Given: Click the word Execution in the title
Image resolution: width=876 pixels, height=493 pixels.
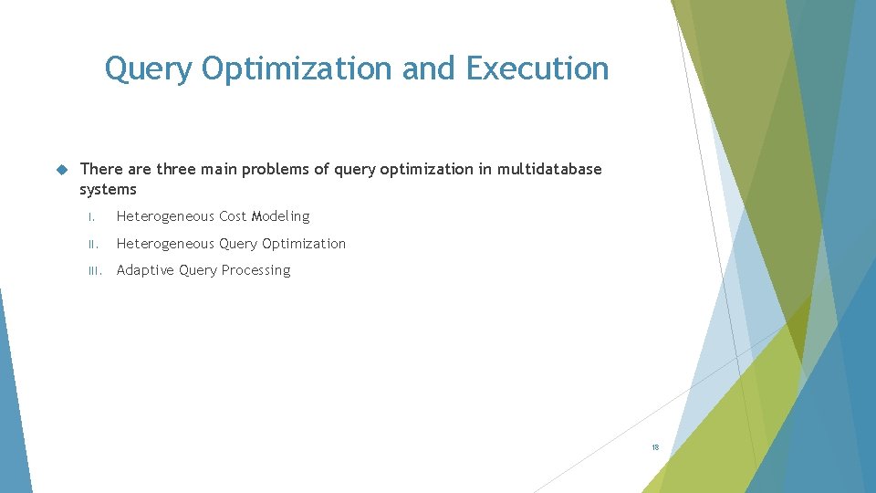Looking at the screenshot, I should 537,68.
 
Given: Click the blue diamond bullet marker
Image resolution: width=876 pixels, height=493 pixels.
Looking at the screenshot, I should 62,169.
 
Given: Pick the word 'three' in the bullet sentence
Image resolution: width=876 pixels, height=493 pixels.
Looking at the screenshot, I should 177,169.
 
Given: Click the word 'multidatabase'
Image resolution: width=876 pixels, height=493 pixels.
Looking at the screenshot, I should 549,169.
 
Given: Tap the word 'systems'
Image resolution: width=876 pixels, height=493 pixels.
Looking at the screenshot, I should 108,190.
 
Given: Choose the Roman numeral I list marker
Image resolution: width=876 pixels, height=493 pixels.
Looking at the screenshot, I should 92,217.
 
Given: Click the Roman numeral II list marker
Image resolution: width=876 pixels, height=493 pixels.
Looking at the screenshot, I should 91,245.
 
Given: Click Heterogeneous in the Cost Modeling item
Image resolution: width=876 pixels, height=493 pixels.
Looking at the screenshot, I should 165,217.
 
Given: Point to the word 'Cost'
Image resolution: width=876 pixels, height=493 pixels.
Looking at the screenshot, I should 233,217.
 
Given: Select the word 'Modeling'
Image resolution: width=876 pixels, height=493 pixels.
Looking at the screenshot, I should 281,217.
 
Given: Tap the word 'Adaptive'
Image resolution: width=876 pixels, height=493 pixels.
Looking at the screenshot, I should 145,271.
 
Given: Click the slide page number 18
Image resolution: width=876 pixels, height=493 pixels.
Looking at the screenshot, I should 655,447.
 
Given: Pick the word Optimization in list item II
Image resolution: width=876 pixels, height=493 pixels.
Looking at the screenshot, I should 304,245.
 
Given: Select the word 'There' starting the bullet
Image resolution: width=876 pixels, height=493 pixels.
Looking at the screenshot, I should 99,169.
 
